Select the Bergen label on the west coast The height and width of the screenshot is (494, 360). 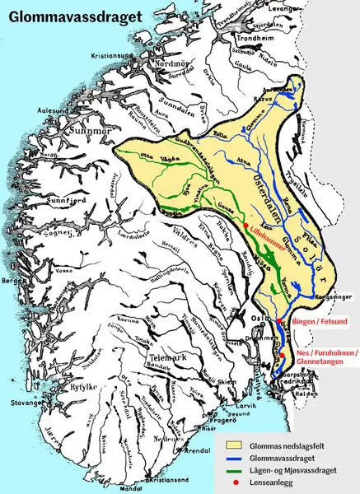[14, 281]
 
